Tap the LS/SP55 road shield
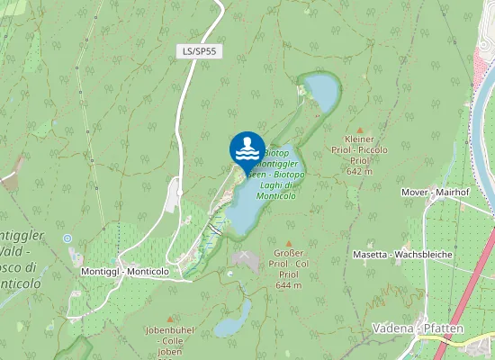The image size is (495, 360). pyautogui.click(x=199, y=51)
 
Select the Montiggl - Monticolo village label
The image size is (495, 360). pyautogui.click(x=124, y=271)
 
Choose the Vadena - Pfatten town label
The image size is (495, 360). pyautogui.click(x=418, y=328)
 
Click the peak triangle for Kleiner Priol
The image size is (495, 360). pyautogui.click(x=359, y=130)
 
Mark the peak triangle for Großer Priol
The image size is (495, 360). pyautogui.click(x=289, y=243)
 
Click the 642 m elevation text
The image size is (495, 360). pyautogui.click(x=359, y=171)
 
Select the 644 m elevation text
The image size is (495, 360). pyautogui.click(x=289, y=284)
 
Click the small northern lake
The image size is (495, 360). pyautogui.click(x=320, y=90)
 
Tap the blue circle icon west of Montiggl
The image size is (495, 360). pyautogui.click(x=67, y=238)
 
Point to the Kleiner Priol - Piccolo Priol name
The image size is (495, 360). pyautogui.click(x=359, y=149)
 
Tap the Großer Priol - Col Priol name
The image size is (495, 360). pyautogui.click(x=289, y=264)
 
